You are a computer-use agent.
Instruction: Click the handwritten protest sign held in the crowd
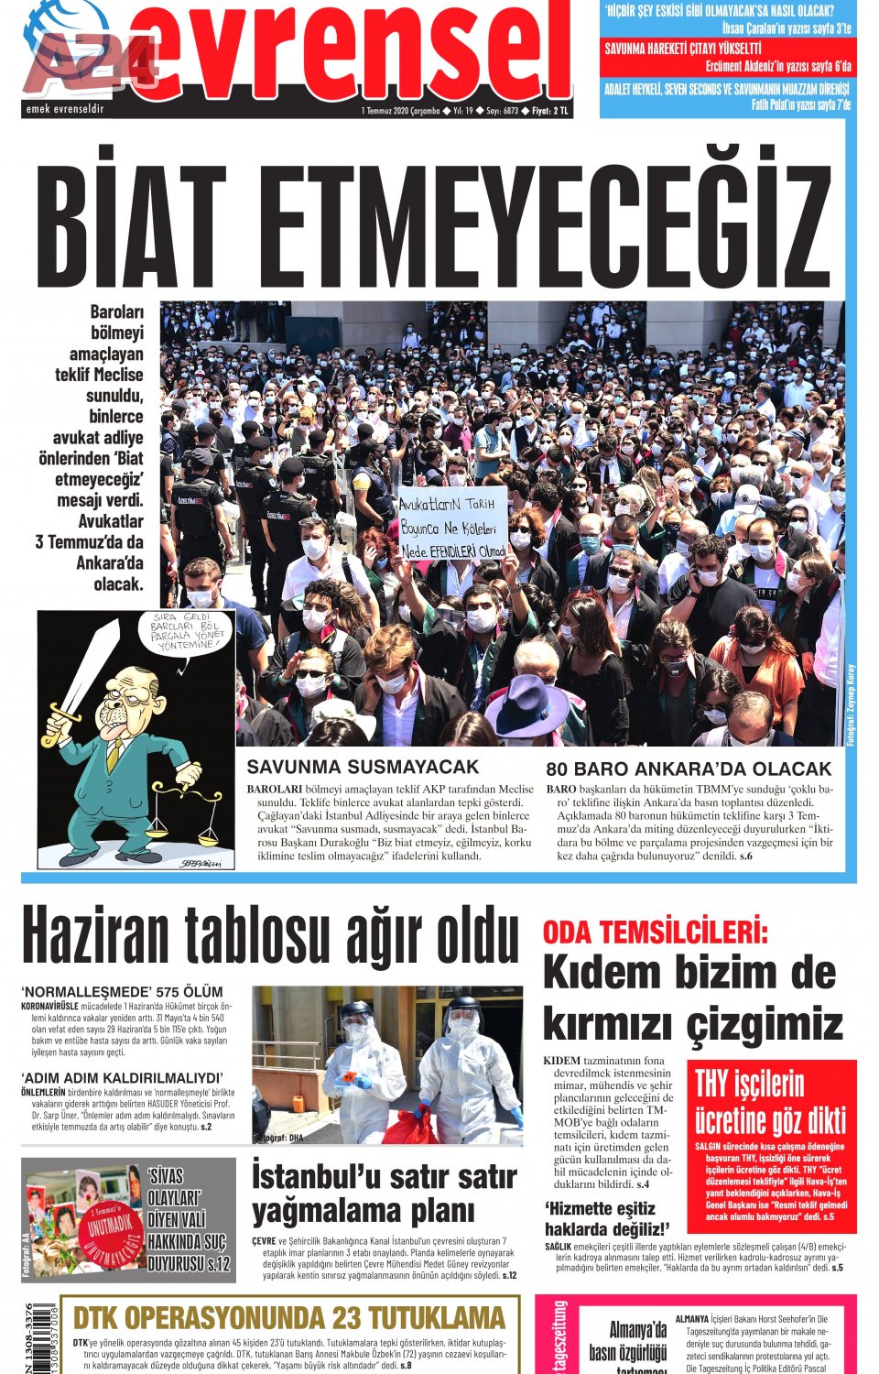[x=452, y=525]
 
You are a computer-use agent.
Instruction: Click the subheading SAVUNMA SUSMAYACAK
[x=363, y=767]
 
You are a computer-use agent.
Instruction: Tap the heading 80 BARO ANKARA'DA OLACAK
[x=689, y=769]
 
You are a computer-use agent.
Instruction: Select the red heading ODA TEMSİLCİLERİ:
[x=655, y=932]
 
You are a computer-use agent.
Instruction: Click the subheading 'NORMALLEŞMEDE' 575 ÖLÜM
[x=122, y=991]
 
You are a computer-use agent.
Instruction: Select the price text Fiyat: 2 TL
[x=550, y=111]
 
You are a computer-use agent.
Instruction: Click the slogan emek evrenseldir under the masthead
[x=65, y=109]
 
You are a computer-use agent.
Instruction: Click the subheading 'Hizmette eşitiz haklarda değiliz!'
[x=607, y=1218]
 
